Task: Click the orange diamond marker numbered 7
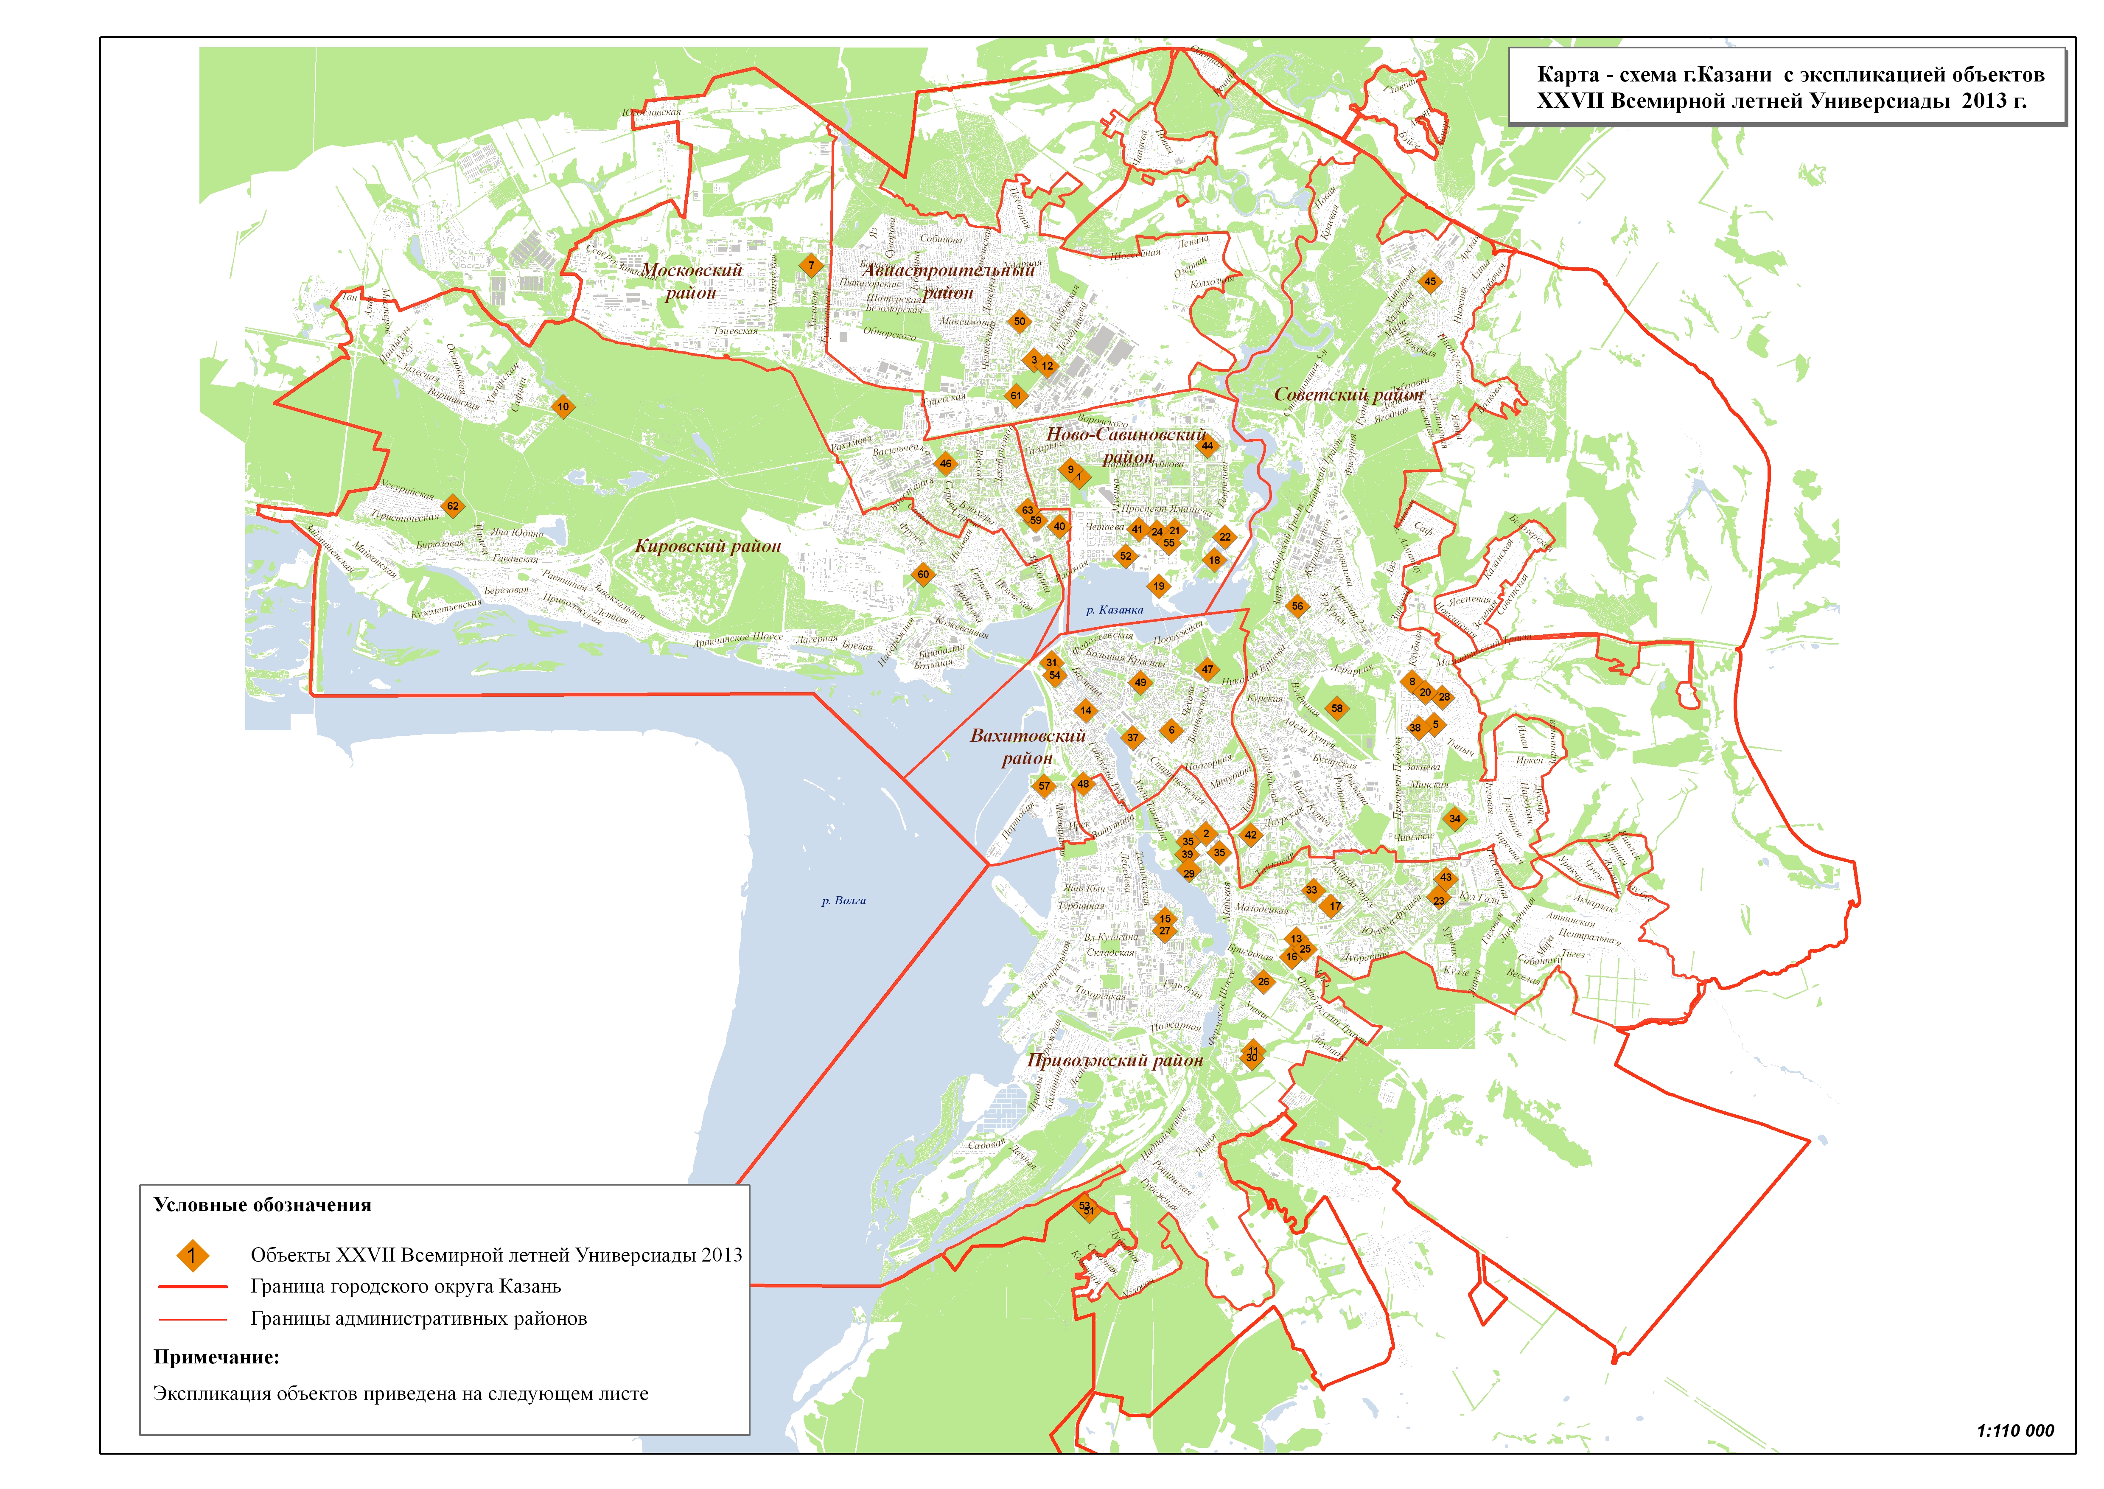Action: point(810,266)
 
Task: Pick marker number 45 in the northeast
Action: point(1430,281)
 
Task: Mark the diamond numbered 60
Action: point(923,575)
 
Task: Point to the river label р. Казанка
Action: point(1114,610)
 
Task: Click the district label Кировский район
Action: point(708,547)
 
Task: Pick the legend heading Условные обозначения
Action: point(262,1205)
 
